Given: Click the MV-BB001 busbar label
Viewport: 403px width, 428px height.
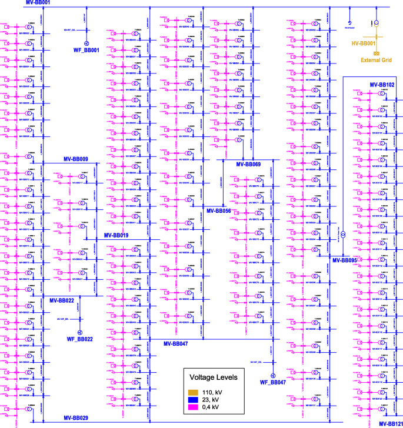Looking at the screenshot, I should tap(38, 3).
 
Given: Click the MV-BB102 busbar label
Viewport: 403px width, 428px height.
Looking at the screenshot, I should tap(382, 85).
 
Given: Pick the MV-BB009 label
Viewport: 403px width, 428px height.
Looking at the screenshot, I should tap(76, 159).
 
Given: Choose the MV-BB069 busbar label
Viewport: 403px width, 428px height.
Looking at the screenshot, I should tap(248, 164).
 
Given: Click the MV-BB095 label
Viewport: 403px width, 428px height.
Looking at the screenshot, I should tap(345, 259).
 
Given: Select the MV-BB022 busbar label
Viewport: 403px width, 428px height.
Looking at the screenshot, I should tap(61, 300).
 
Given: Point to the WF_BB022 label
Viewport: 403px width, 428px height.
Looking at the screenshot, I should tap(80, 339).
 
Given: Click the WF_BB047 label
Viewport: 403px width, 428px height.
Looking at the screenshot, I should tap(272, 383).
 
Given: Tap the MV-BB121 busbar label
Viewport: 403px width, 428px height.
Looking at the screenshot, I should tap(391, 423).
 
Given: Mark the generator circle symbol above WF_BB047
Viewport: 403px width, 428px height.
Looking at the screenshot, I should tap(272, 375).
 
